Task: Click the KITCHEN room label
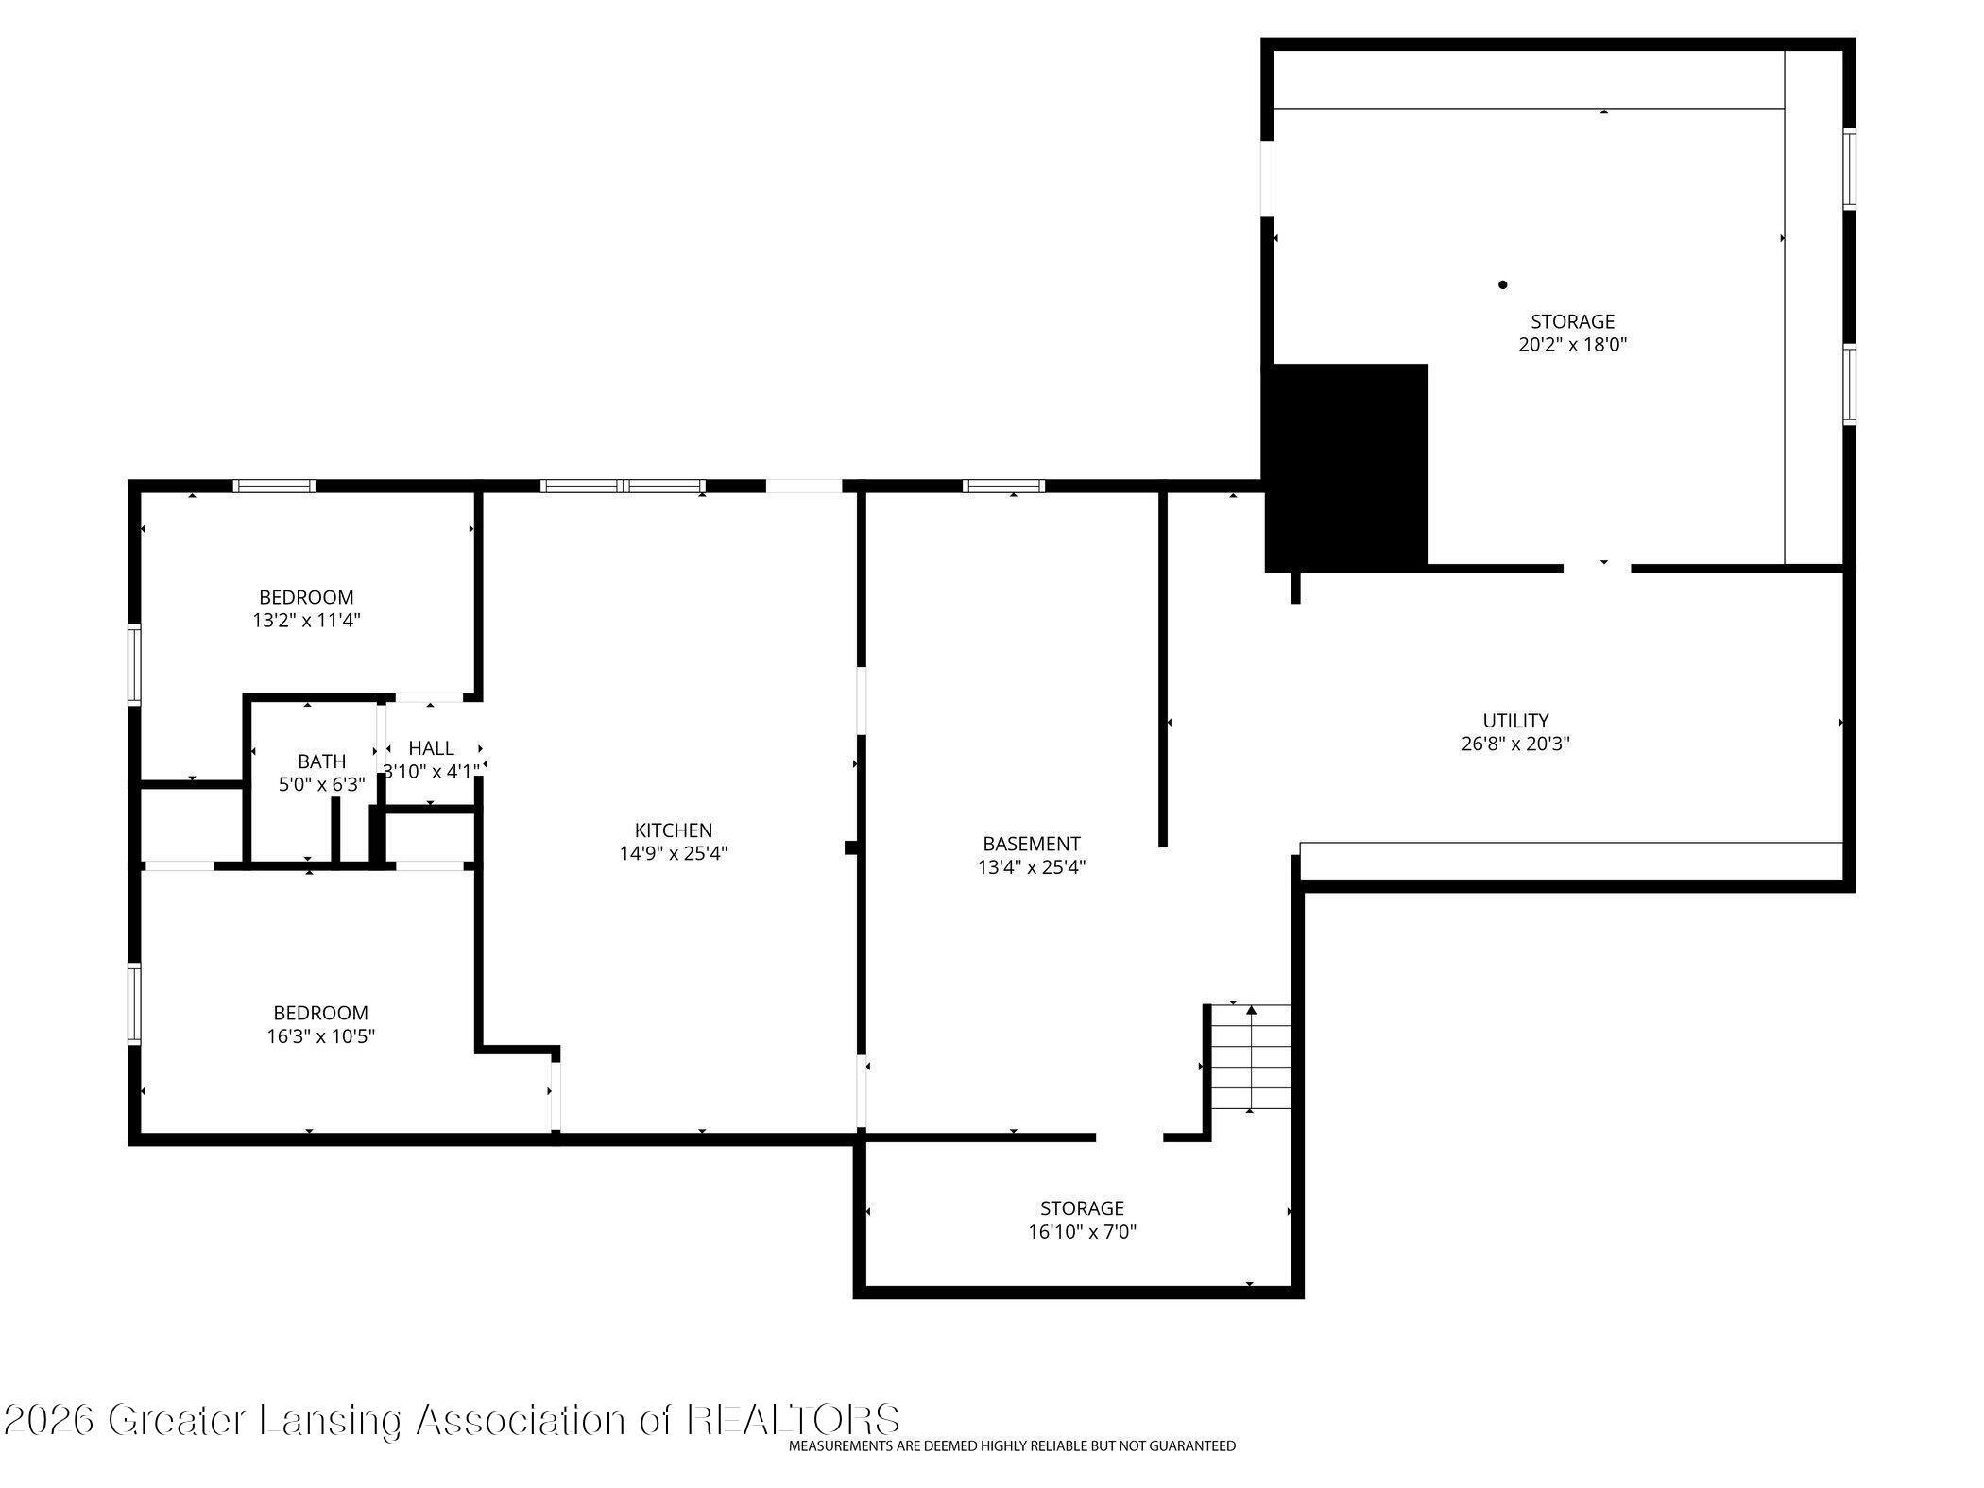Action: [673, 830]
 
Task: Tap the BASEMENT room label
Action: [1031, 844]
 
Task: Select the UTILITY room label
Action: [1515, 721]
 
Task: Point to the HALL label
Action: [431, 748]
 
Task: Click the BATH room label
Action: [321, 761]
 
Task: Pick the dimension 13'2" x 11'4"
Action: [307, 621]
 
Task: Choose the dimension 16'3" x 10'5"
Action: [320, 1036]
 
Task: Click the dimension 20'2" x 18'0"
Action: [1572, 345]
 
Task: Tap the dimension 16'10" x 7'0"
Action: [1082, 1232]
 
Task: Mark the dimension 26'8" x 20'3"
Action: [1515, 744]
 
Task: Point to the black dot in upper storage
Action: [1502, 284]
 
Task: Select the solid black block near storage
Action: [1346, 468]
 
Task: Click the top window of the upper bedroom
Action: [275, 487]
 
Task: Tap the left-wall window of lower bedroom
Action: [134, 1003]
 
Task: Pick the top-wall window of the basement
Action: [1003, 487]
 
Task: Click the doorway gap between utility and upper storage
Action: [1597, 569]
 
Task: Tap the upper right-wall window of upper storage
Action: [1849, 169]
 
